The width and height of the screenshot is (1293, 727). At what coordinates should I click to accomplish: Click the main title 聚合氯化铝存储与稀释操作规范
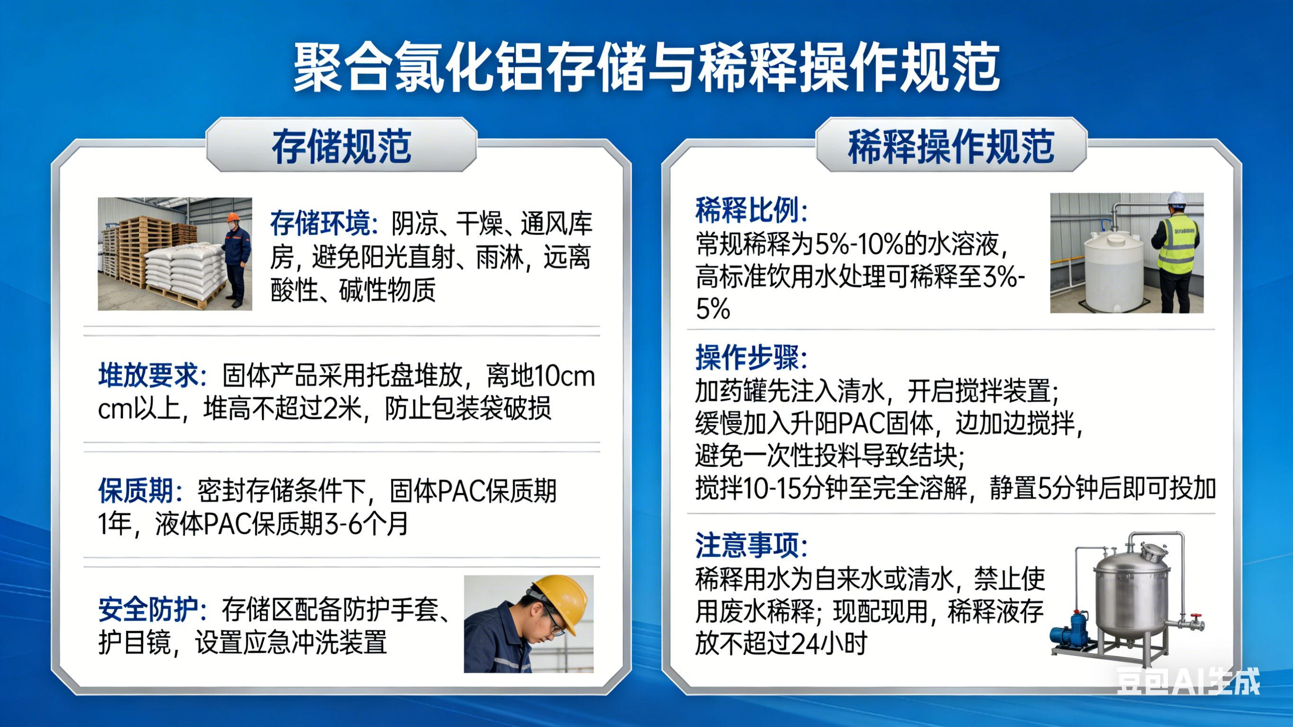click(x=646, y=68)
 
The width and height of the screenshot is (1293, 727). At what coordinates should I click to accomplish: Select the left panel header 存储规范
click(x=341, y=147)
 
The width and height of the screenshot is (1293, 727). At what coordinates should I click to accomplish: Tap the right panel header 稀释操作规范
click(x=951, y=147)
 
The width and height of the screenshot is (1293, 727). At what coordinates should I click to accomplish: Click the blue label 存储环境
click(x=324, y=224)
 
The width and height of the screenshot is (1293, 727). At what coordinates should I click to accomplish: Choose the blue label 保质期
click(x=140, y=491)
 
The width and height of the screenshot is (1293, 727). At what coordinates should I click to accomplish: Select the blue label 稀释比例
click(x=751, y=210)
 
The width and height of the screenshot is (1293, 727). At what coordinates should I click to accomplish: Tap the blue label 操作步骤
click(x=751, y=358)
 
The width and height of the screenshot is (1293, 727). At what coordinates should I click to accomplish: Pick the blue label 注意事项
click(x=751, y=545)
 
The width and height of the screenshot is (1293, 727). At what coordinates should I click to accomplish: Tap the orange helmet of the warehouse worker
click(x=233, y=217)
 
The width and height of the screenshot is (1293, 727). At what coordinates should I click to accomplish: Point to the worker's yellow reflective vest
click(x=1177, y=244)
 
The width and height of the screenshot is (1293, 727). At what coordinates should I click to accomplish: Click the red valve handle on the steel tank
click(x=1193, y=617)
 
